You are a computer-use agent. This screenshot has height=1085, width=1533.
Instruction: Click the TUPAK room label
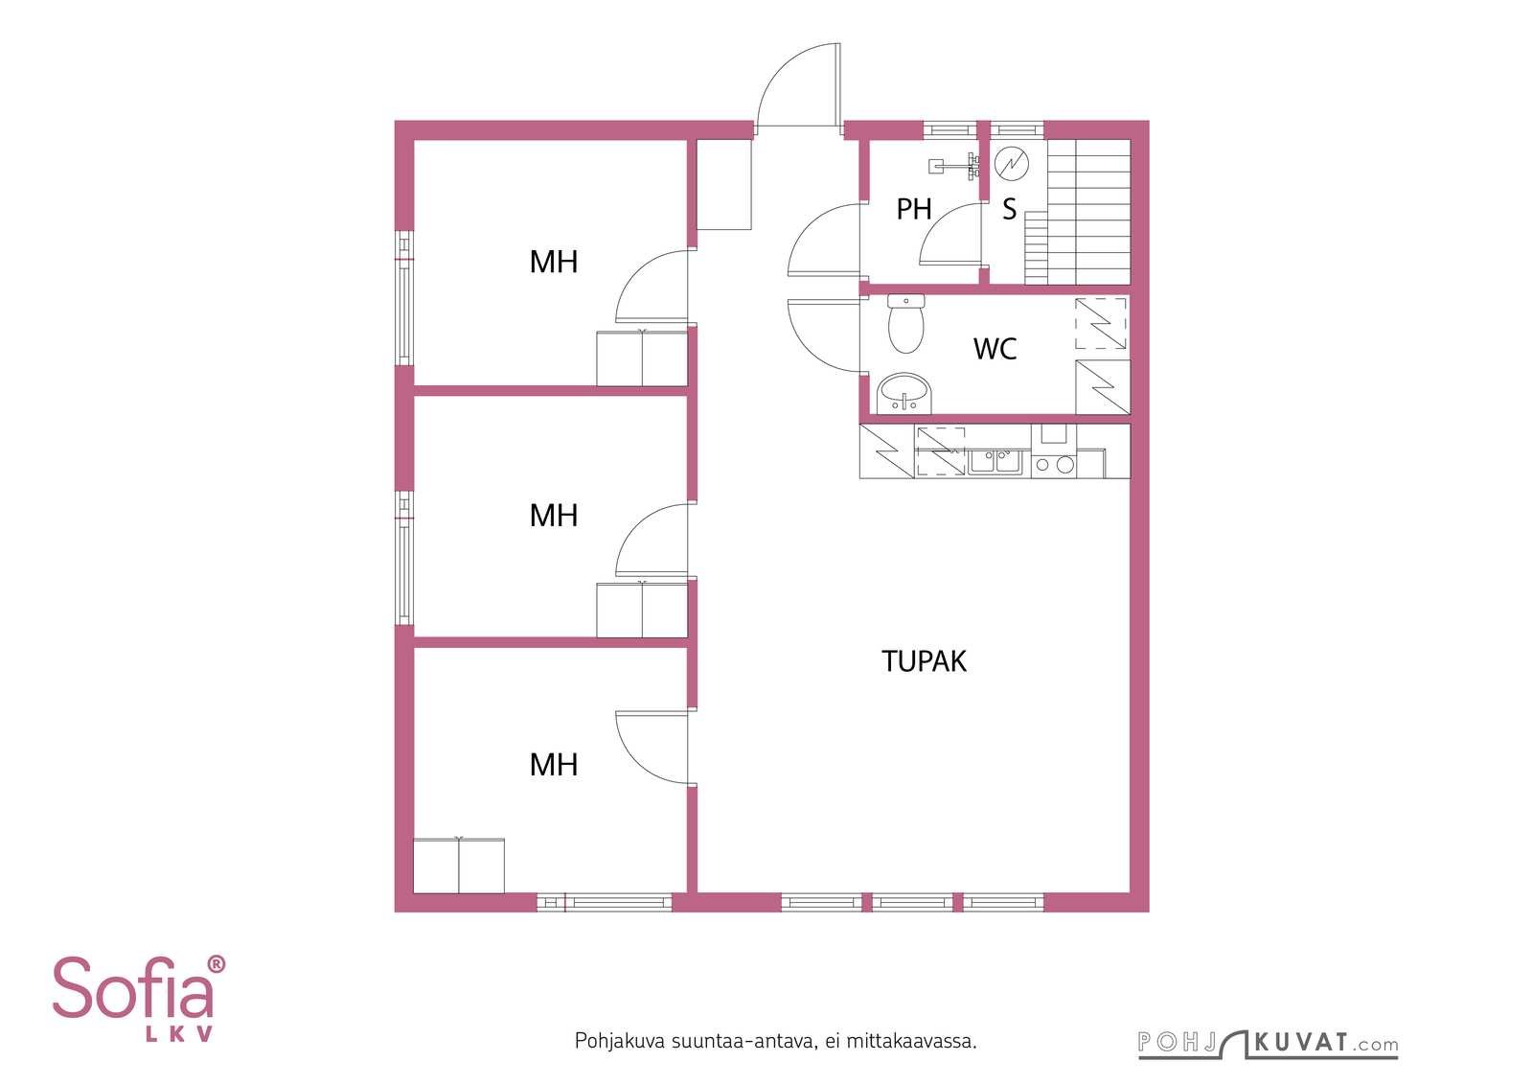[924, 661]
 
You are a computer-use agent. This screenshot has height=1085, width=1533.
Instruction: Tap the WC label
[995, 349]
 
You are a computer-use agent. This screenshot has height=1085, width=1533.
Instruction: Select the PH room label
[914, 210]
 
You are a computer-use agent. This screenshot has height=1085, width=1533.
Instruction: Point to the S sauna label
[1010, 210]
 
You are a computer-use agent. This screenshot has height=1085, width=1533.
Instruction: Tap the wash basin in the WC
[904, 394]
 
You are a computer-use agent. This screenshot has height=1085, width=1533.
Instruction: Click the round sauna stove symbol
[1012, 164]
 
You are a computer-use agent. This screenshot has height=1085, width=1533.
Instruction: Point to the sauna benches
[1077, 212]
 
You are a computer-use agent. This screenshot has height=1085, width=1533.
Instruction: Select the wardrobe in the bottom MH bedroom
[459, 866]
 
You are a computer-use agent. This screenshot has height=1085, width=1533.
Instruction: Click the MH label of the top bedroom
[554, 263]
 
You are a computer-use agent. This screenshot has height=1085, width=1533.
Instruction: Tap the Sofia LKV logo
[139, 999]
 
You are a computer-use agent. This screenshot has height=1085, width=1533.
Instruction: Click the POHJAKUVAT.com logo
[1269, 1045]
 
